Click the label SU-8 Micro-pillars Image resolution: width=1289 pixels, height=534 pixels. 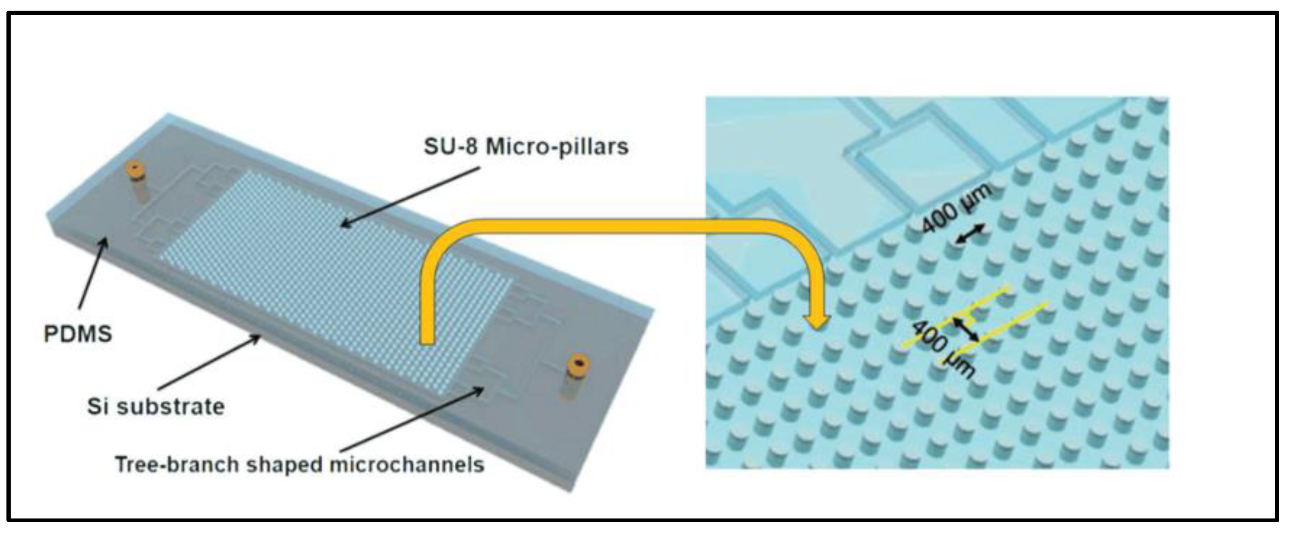point(526,146)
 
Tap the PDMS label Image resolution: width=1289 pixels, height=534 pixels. point(78,334)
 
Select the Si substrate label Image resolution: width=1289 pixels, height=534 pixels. point(156,407)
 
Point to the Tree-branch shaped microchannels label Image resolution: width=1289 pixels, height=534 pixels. point(300,464)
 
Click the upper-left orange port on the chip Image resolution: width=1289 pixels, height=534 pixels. point(135,170)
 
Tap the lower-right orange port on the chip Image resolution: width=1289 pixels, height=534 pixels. point(579,366)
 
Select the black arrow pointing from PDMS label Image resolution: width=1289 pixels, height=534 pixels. point(93,274)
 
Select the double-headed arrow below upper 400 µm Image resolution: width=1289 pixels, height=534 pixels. point(971,234)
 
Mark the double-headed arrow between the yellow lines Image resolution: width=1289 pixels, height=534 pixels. point(965,328)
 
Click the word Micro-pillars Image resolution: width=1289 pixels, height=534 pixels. point(557,146)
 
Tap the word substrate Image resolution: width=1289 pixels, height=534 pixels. point(171,407)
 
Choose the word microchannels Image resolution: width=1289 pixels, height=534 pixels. point(406,464)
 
